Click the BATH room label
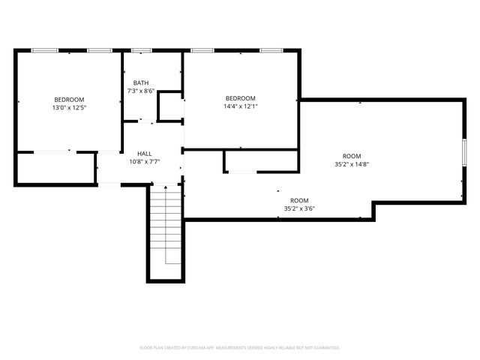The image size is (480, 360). click(141, 82)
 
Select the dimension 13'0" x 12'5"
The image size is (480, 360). click(69, 108)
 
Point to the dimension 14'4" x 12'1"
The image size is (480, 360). click(241, 106)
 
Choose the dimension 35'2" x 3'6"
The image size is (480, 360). click(299, 208)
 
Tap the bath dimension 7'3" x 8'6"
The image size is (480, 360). click(141, 91)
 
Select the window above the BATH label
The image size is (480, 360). click(142, 50)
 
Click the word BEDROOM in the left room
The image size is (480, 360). click(69, 100)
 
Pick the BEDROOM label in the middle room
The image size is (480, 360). click(241, 98)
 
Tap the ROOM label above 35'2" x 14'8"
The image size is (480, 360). click(352, 156)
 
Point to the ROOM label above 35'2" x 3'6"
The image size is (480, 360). click(299, 200)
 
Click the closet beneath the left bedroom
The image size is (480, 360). click(55, 168)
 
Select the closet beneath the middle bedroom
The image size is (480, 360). click(261, 160)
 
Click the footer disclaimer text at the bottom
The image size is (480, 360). click(240, 348)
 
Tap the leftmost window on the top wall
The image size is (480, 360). click(44, 50)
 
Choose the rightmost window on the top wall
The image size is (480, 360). click(271, 50)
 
